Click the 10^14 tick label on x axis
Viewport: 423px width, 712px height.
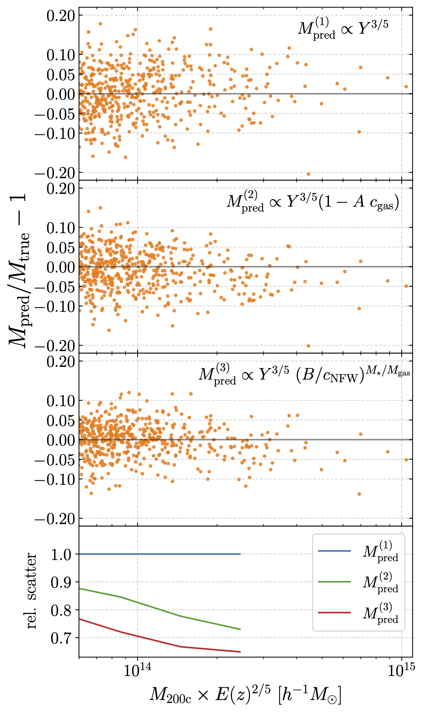(137, 670)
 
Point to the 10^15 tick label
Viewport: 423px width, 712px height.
(401, 670)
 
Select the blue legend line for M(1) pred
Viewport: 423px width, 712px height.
(334, 551)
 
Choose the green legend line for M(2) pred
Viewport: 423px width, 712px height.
(334, 582)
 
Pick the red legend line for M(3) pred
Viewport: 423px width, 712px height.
(334, 613)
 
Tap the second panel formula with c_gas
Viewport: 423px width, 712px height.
(313, 202)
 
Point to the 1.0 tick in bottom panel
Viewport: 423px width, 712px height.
(61, 554)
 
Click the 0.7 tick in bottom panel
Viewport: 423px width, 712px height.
(61, 638)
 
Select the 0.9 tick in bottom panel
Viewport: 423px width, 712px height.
(61, 582)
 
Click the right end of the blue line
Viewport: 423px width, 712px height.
(240, 554)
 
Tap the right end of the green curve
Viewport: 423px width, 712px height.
(240, 629)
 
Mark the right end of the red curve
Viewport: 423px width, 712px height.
(240, 652)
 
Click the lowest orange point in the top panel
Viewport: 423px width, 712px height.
(308, 174)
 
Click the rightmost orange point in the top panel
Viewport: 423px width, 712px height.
(406, 86)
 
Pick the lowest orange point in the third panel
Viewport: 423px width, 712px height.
(359, 494)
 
